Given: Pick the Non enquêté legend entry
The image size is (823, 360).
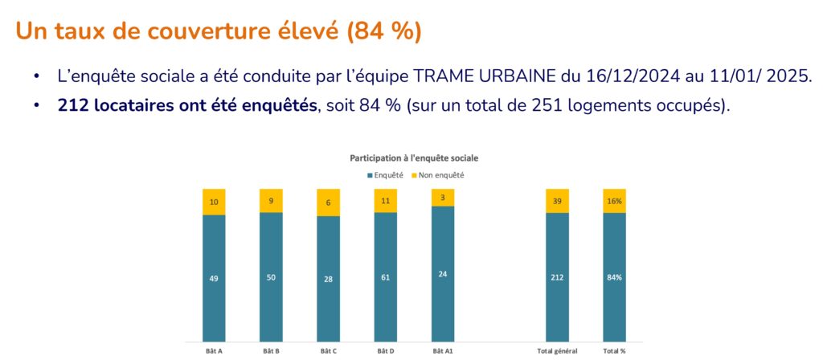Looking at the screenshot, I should tap(440, 174).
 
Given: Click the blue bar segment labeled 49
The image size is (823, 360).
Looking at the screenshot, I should tap(214, 278).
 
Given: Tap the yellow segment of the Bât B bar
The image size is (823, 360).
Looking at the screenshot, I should tap(271, 201).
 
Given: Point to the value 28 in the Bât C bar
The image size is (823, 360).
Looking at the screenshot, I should tap(328, 278).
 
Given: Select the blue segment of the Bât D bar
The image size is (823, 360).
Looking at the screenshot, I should tap(386, 277).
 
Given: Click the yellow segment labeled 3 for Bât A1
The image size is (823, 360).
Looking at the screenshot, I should tap(443, 198).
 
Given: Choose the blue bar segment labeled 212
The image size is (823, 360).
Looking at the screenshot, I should tap(557, 277).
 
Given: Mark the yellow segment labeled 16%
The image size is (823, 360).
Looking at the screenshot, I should tap(615, 201).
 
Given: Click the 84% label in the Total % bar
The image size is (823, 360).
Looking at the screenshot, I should tap(615, 278).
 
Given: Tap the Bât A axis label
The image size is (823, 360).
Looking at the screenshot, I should tap(214, 350).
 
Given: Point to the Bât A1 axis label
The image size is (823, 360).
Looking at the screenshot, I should tap(443, 350).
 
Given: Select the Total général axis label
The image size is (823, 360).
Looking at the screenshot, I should tap(557, 350).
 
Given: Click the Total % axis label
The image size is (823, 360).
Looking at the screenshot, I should tap(615, 350).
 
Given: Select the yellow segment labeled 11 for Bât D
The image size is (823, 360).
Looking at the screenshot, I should tap(386, 201).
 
